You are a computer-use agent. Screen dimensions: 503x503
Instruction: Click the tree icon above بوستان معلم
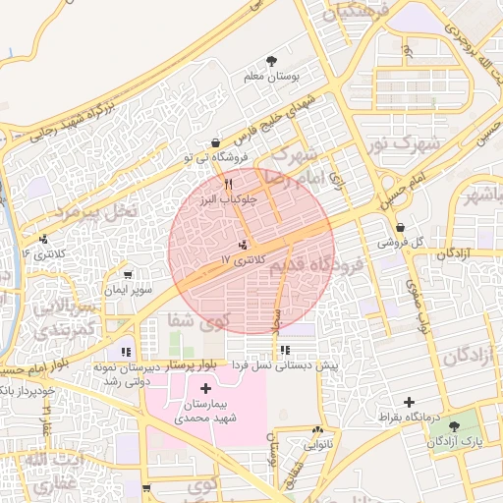(271, 62)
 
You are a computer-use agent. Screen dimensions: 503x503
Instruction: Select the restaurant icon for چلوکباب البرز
(228, 184)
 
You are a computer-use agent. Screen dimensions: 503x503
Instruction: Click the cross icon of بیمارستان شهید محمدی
(205, 390)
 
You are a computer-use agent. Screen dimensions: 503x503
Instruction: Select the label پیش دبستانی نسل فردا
(284, 364)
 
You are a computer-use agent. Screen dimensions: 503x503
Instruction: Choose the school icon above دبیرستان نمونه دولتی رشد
(125, 352)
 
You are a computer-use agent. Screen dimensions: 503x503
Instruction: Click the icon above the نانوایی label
(317, 430)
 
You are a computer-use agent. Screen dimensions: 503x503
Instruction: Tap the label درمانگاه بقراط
(410, 419)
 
